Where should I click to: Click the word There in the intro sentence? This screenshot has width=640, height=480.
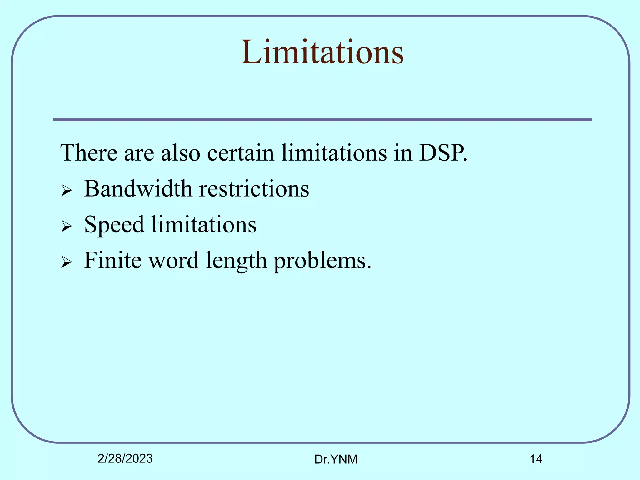tap(88, 153)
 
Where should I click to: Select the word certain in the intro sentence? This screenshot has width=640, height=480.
tap(240, 153)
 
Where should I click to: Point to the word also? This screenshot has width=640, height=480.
tap(180, 153)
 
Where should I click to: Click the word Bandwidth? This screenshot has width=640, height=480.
tap(138, 189)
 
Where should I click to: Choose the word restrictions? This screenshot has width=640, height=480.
tap(254, 189)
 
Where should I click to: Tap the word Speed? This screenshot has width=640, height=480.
tap(114, 225)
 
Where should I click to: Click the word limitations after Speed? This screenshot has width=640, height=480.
tap(204, 225)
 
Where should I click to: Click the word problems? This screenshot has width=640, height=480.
tap(322, 261)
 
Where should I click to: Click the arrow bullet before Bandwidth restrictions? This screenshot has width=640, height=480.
tap(67, 190)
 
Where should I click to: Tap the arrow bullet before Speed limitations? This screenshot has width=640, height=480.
tap(67, 226)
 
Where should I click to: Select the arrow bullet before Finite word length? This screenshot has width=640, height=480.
tap(67, 262)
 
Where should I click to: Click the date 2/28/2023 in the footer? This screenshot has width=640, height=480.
tap(125, 458)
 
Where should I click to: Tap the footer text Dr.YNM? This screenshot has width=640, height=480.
tap(336, 459)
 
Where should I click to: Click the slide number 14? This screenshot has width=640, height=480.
tap(536, 459)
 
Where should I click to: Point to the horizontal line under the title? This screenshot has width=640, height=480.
tap(322, 120)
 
